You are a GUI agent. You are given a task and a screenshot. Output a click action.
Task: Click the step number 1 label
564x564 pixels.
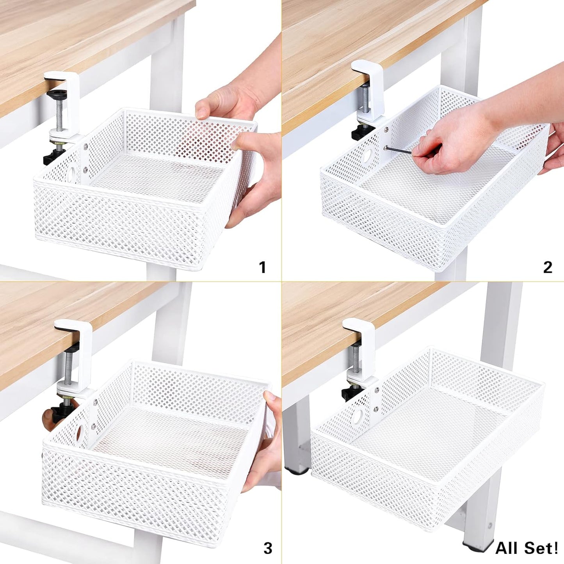click(x=263, y=268)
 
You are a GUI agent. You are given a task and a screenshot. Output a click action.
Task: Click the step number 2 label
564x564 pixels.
click(x=548, y=267)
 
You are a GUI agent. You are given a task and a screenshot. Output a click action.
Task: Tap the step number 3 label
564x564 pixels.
click(x=267, y=548)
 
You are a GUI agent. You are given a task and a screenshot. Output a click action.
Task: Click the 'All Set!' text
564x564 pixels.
click(x=527, y=548)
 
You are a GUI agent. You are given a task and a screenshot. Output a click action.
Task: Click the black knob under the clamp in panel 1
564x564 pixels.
click(x=52, y=157)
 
